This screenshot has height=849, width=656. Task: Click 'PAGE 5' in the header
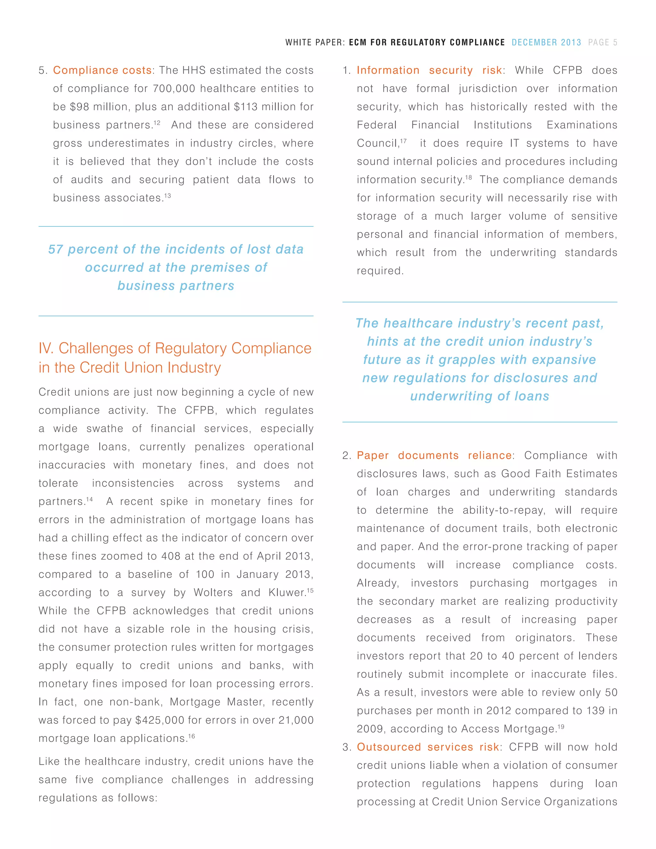coord(603,42)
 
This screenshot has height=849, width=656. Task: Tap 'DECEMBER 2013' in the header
coord(546,42)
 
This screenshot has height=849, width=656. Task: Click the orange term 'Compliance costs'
coord(102,70)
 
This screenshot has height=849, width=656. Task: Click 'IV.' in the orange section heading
coord(46,348)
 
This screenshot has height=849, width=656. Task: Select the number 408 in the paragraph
coord(171,556)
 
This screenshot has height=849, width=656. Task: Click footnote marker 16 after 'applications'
coord(191,736)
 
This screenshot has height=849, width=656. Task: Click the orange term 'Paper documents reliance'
coord(434,456)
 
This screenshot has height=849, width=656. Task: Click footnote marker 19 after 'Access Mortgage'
coord(561,727)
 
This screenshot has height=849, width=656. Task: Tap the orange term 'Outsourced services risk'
coord(428,747)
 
